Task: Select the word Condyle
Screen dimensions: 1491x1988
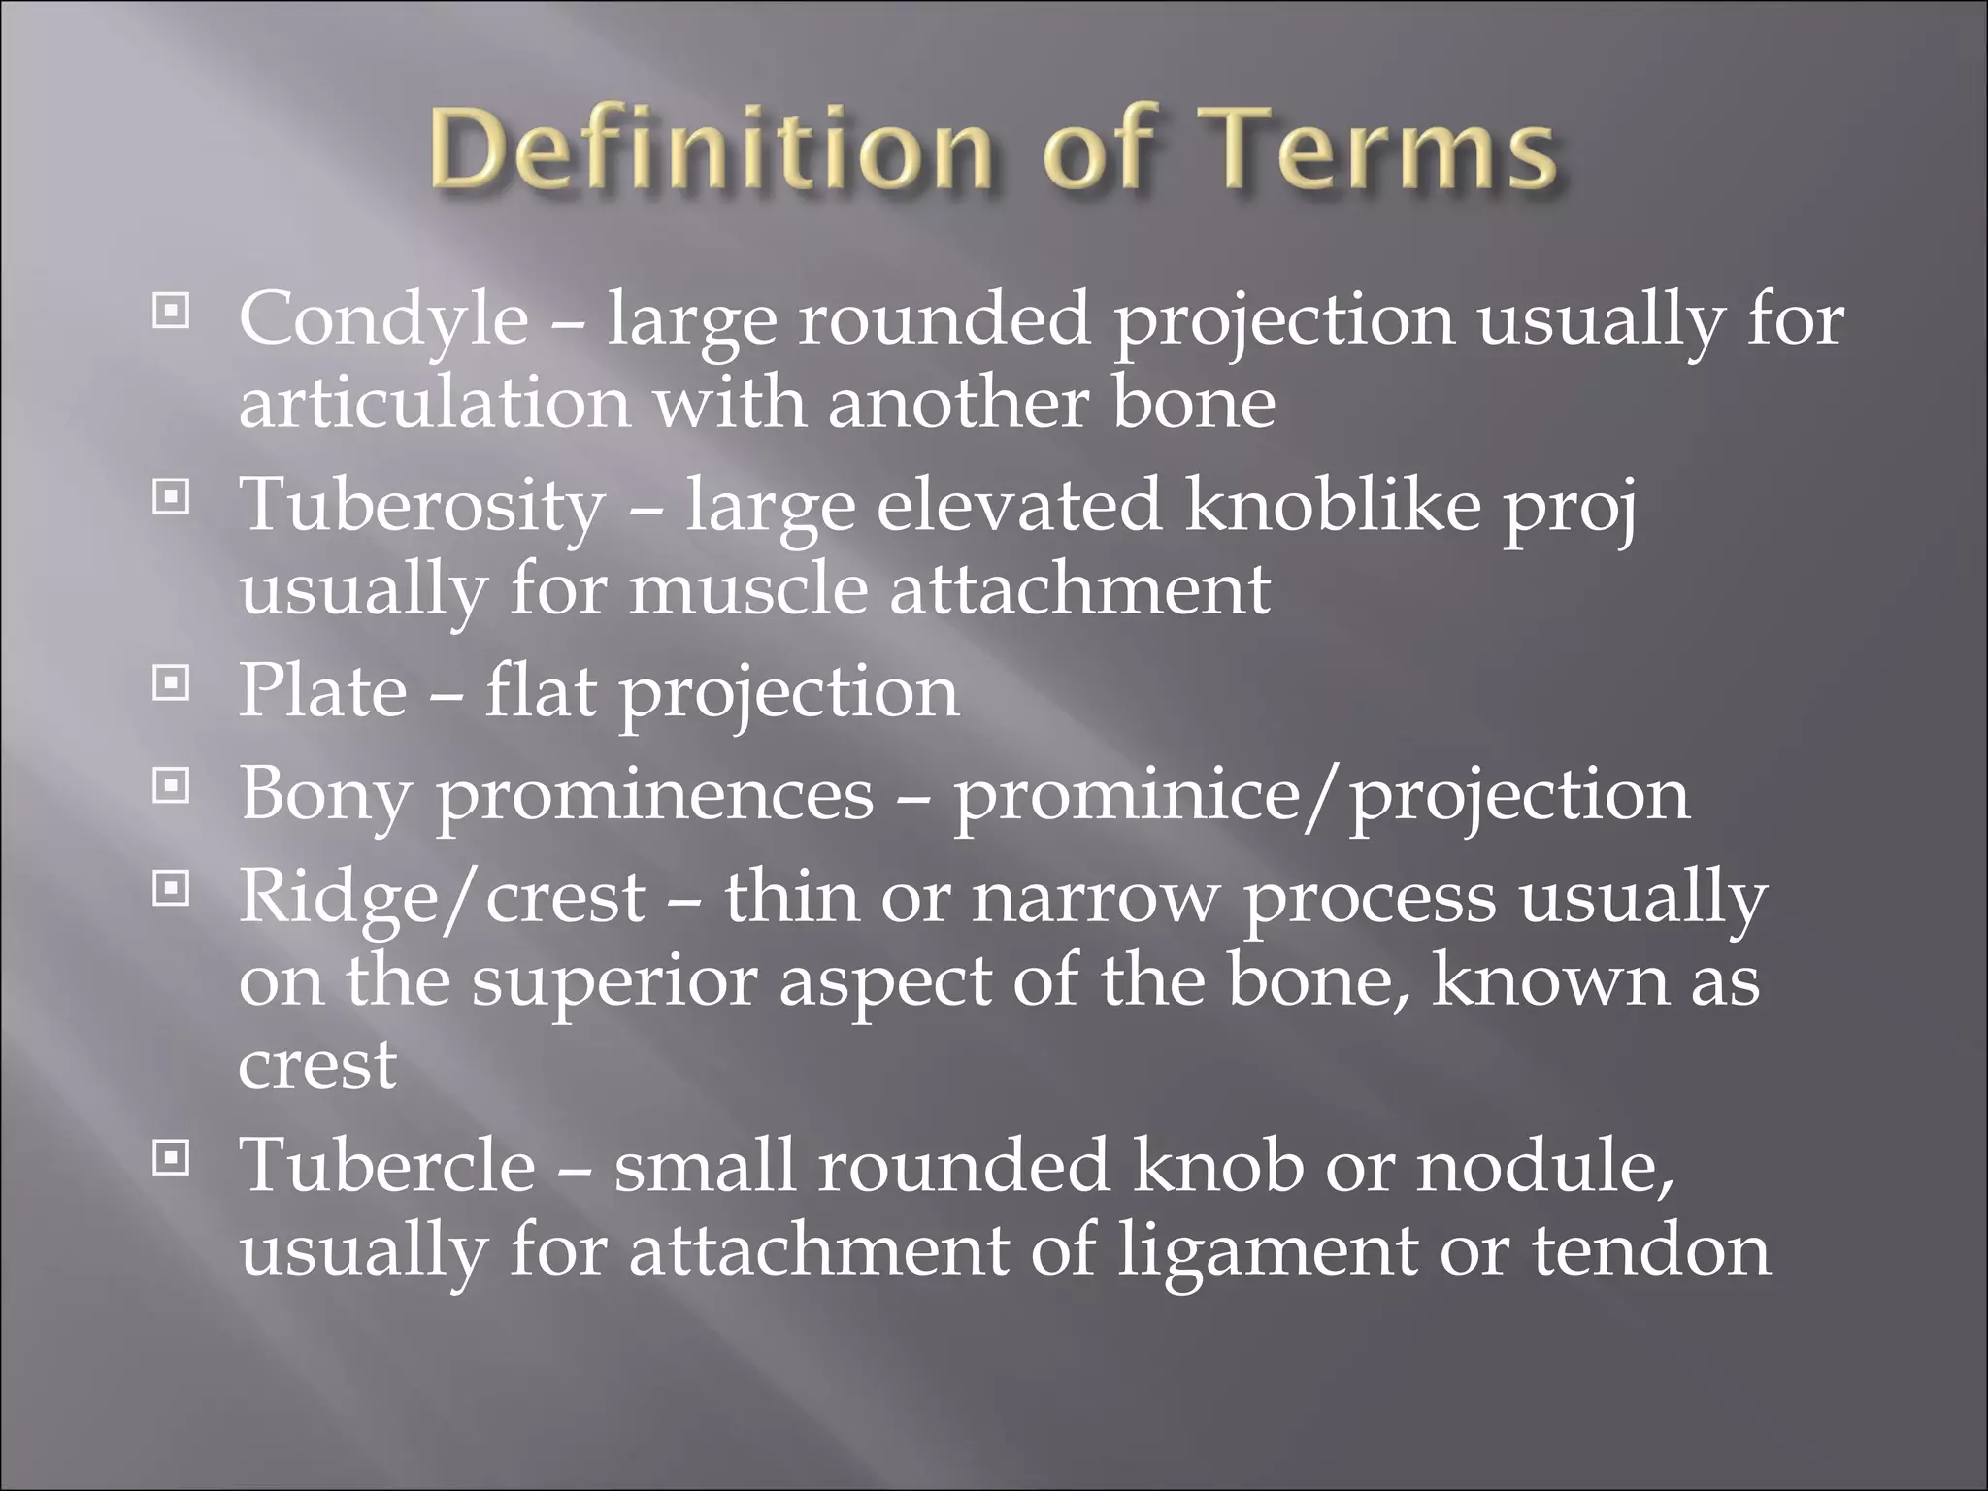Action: [x=383, y=320]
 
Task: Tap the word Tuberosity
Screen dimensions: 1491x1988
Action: [x=422, y=508]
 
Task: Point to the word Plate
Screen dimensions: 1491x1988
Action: [x=323, y=691]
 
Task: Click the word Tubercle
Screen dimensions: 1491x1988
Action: [x=387, y=1166]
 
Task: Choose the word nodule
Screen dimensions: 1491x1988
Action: [x=1542, y=1166]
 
